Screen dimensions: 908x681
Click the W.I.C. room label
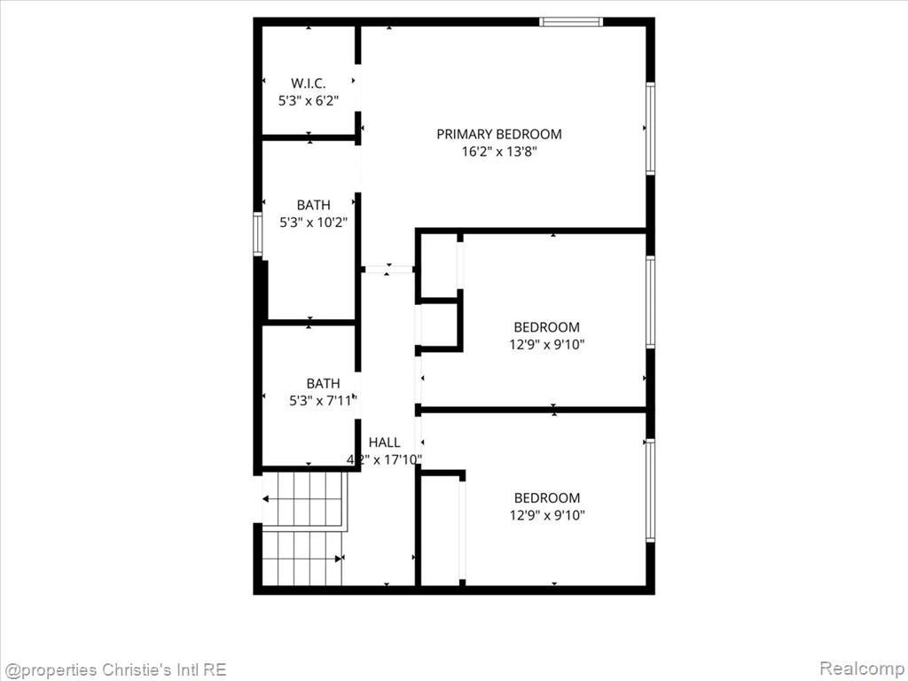coord(308,82)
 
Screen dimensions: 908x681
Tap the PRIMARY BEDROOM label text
coord(499,135)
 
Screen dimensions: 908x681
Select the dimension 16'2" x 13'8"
coord(499,152)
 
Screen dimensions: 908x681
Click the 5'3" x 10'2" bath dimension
coord(313,223)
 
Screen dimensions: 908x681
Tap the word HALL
coord(385,442)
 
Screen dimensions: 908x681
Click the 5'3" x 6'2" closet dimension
coord(308,101)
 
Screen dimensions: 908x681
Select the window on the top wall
coord(571,22)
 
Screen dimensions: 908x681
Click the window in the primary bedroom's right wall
coord(650,128)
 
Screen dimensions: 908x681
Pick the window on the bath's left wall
coord(258,234)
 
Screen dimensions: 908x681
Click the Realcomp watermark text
coord(861,669)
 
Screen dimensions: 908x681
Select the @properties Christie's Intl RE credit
coord(114,669)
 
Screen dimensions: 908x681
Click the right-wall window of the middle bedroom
coord(650,301)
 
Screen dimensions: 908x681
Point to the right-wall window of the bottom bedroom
coord(650,490)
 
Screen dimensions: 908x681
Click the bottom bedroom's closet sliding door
coord(462,530)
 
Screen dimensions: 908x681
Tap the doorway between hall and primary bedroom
coord(387,270)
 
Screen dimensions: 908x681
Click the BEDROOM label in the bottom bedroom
coord(547,498)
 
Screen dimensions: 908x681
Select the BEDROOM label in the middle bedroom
coord(546,327)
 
